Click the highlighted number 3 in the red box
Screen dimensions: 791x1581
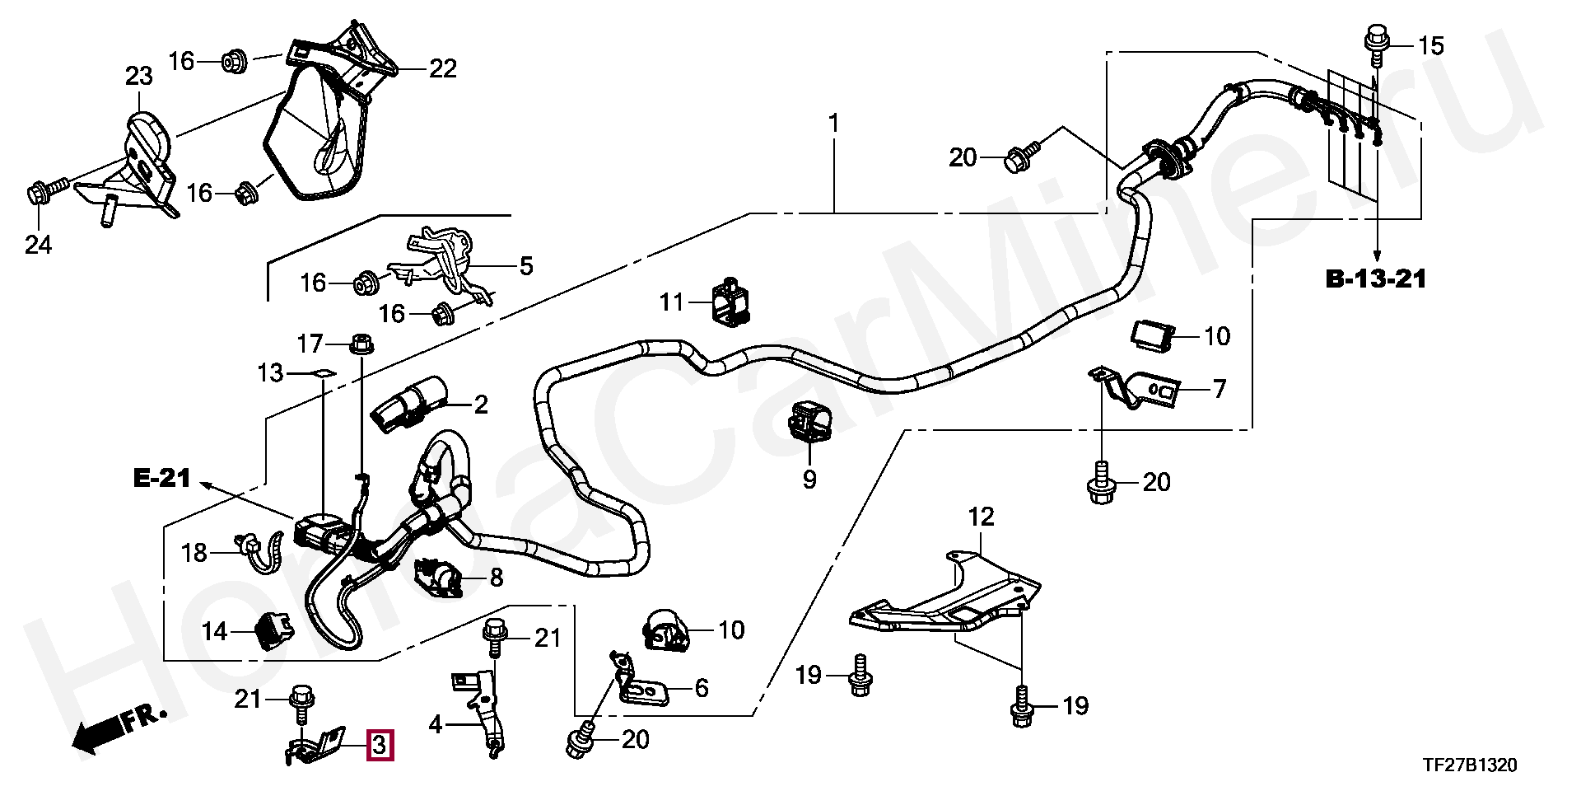pos(380,745)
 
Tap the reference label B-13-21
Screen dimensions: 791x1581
pos(1376,279)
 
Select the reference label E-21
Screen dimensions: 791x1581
pos(162,478)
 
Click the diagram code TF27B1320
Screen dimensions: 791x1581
pos(1468,765)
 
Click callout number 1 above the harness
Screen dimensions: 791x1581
pos(833,124)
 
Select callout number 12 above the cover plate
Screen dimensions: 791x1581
pos(981,517)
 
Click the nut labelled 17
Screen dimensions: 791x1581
pos(360,341)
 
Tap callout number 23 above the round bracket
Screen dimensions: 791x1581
pos(138,77)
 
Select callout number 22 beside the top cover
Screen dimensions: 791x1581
pos(443,68)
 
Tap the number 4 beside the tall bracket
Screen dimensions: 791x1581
pos(436,725)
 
